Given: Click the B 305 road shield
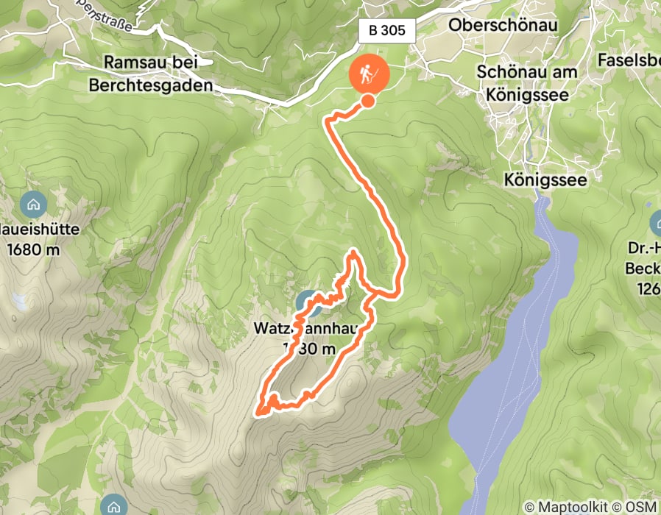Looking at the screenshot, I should [x=388, y=31].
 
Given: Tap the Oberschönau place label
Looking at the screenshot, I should [x=503, y=25].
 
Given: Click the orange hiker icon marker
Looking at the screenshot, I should [x=367, y=74].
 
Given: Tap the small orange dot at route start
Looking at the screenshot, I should [x=367, y=102].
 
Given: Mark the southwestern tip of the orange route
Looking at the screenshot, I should [x=258, y=414].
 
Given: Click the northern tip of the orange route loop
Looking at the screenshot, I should [x=354, y=252].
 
